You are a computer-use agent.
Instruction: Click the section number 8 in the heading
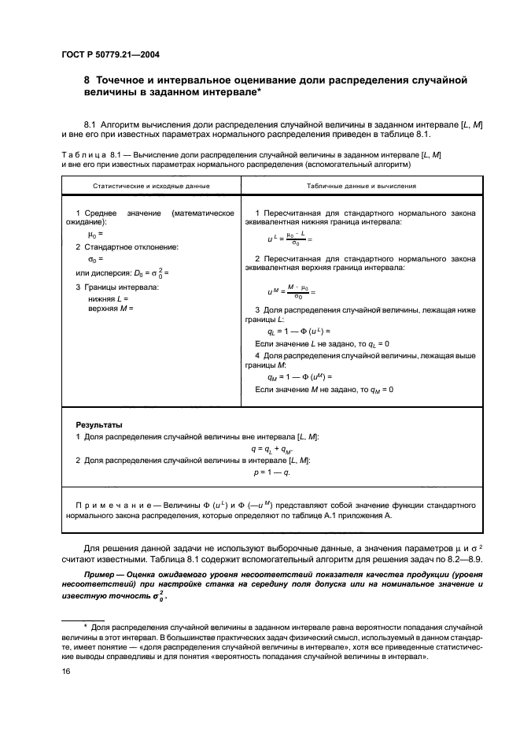point(87,80)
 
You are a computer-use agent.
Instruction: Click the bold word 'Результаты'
point(98,424)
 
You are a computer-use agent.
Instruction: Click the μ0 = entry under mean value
point(95,234)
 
